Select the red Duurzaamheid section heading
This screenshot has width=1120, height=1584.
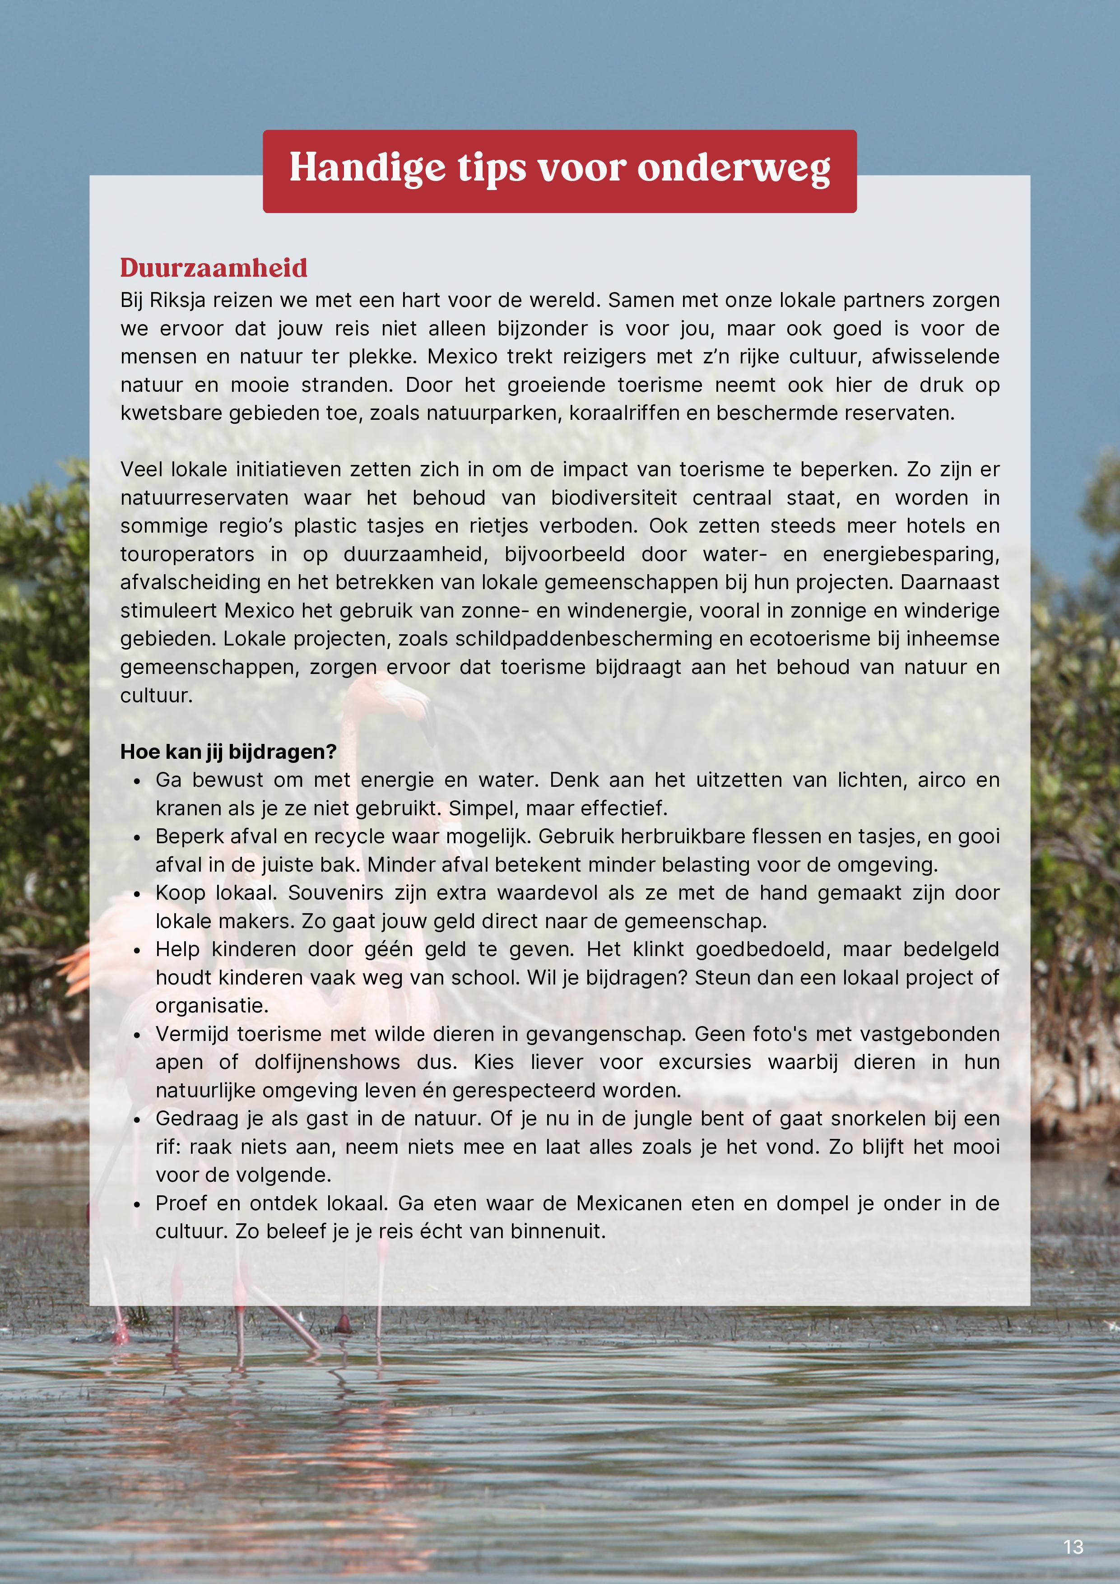pos(214,268)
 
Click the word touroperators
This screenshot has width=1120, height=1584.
pos(187,555)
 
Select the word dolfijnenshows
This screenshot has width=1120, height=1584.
pos(327,1063)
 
